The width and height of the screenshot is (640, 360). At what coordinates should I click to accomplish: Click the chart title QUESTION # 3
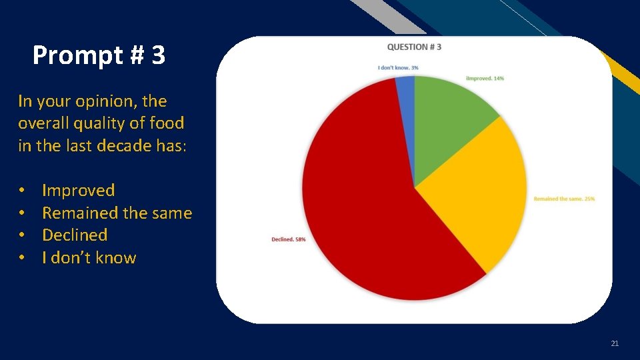pos(414,47)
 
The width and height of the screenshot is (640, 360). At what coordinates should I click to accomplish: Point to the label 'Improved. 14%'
pos(485,79)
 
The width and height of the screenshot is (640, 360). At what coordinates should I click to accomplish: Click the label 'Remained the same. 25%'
pos(564,199)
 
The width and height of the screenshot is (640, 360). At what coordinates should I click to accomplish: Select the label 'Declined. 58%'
pos(289,239)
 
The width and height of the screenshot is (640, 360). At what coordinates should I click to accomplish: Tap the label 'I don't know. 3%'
pos(398,67)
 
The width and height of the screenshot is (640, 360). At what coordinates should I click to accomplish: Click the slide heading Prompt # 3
pos(99,55)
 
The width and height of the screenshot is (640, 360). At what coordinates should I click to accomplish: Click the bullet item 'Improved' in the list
pos(78,191)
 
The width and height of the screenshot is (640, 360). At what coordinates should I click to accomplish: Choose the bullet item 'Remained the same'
pos(117,213)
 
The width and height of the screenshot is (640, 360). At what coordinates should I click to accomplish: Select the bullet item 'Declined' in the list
pos(75,235)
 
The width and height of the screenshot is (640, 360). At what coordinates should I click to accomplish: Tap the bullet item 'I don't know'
pos(89,258)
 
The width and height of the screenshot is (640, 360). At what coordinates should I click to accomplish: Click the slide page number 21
pos(615,343)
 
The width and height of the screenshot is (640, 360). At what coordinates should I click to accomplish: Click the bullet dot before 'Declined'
pos(23,235)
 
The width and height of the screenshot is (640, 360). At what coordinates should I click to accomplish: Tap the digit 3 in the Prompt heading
pos(158,55)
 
